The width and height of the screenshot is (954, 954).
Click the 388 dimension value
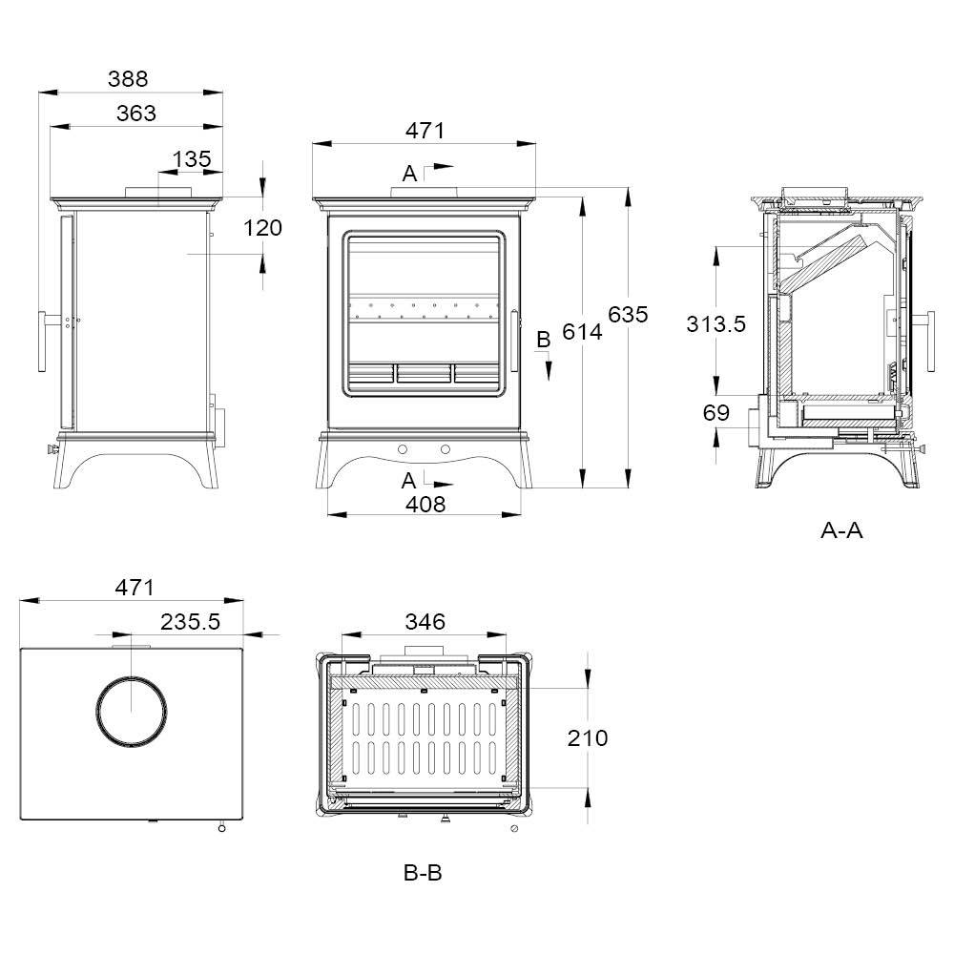tap(128, 78)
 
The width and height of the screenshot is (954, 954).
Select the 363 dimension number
tap(136, 114)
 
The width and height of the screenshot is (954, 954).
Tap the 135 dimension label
tap(192, 158)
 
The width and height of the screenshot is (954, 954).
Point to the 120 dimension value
tap(263, 228)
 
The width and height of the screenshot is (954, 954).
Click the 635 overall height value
tap(629, 314)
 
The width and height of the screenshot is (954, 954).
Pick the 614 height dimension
tap(582, 332)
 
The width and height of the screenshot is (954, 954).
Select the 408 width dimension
tap(425, 504)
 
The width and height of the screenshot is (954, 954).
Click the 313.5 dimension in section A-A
tap(716, 323)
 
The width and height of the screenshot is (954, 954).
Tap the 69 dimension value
tap(716, 412)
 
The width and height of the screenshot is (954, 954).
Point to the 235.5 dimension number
tap(191, 622)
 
